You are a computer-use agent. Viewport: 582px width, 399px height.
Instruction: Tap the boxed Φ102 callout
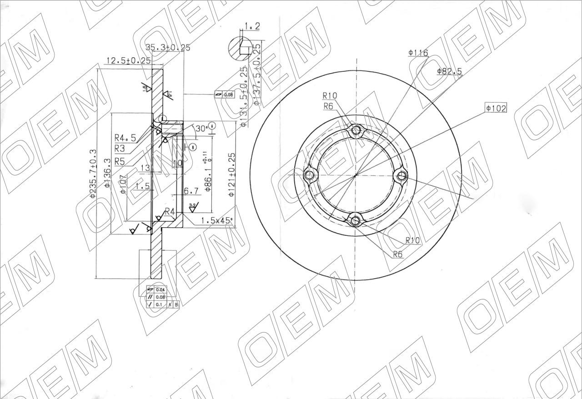pos(496,108)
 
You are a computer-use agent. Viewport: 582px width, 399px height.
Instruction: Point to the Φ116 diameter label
pos(418,53)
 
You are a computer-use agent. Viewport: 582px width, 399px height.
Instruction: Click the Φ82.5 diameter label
pos(449,71)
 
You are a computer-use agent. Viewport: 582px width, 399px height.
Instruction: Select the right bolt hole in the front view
pos(401,175)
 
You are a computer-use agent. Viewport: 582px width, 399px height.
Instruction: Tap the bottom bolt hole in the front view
pos(356,221)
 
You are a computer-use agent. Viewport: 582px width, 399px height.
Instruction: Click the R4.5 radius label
pos(125,138)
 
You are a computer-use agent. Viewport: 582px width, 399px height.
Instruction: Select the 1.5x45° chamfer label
pos(216,221)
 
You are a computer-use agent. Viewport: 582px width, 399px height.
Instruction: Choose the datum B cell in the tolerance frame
pos(176,304)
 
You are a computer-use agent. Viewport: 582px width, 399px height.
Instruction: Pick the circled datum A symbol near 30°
pos(212,127)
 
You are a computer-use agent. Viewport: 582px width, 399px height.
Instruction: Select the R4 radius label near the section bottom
pos(170,211)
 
